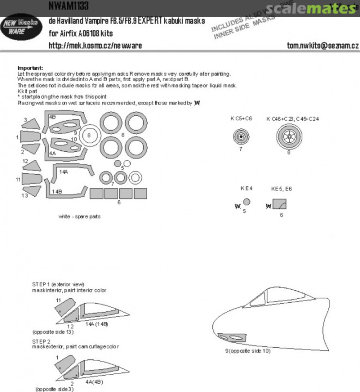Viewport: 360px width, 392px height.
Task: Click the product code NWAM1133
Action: point(69,6)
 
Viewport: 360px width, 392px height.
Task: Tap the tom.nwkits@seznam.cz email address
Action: point(322,45)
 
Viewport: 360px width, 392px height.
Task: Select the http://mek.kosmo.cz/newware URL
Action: point(95,45)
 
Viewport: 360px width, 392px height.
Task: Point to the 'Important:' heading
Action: point(30,68)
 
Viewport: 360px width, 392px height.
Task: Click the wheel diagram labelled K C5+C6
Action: point(241,136)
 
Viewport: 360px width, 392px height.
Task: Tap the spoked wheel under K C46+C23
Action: point(289,137)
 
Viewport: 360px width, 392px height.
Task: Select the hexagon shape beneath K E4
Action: point(246,202)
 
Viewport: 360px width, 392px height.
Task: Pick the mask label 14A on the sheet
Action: point(64,172)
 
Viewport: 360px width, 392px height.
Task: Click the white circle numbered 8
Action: point(89,135)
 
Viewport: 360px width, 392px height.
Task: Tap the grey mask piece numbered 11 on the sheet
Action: point(32,179)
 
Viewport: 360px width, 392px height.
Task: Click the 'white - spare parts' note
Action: point(79,216)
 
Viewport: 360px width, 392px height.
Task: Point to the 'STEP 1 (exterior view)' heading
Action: point(58,284)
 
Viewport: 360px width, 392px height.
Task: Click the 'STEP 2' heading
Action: point(41,342)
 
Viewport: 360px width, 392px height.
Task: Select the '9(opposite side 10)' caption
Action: point(247,351)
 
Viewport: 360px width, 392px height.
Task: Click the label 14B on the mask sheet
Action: point(56,191)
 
